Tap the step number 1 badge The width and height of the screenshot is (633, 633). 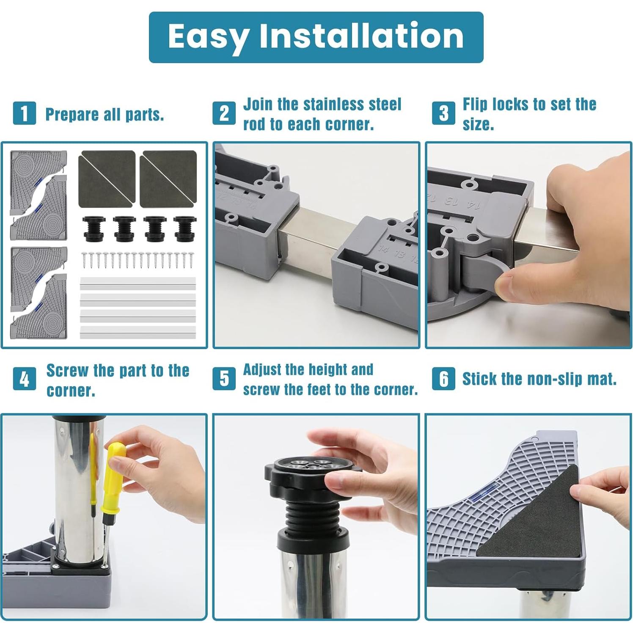pos(25,113)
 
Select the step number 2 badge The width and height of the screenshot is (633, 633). pos(224,113)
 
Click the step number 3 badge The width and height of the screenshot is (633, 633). pos(443,113)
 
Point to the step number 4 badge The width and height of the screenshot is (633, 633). pos(25,379)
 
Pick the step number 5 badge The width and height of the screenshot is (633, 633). pos(224,378)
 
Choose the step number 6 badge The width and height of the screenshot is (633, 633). pos(443,378)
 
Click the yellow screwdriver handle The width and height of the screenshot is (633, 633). pos(114,476)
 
